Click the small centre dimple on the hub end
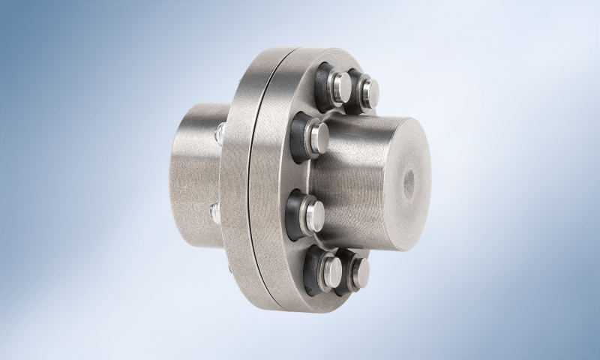point(410,181)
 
